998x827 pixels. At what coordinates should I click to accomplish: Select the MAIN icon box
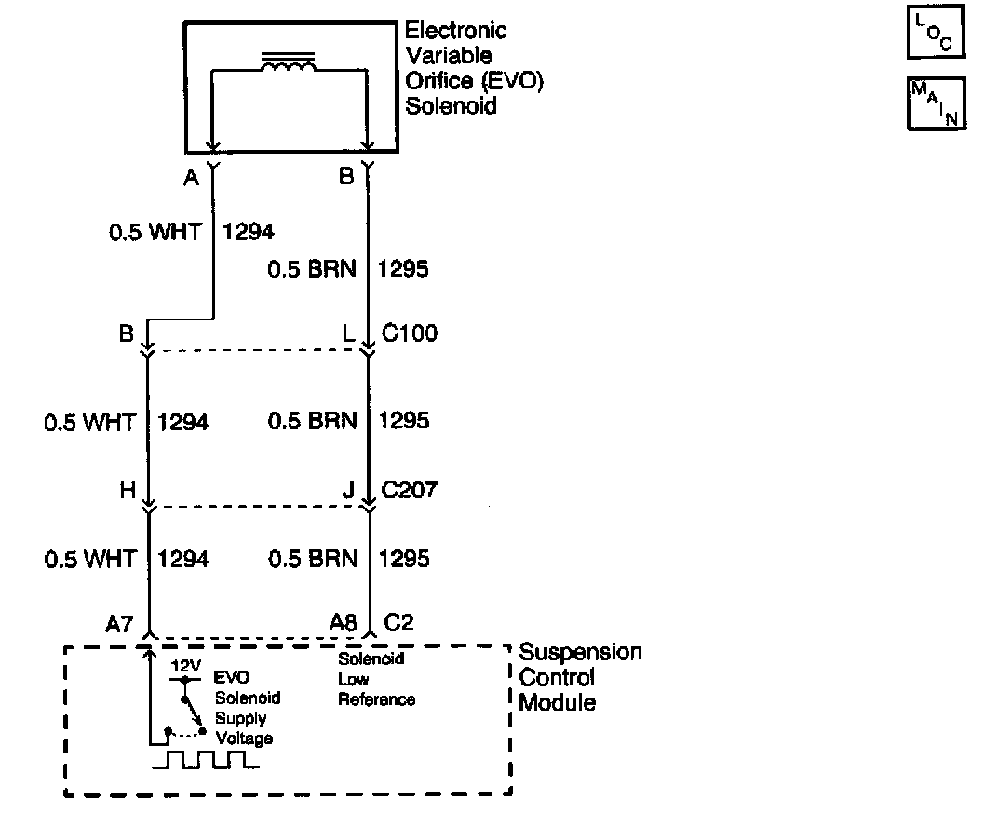click(x=936, y=103)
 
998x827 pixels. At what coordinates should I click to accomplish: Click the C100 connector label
click(x=410, y=333)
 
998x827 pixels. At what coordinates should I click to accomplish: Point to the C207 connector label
click(x=410, y=489)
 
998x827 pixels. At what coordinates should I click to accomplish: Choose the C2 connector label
click(x=398, y=623)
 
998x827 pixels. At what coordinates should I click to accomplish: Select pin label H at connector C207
click(x=128, y=490)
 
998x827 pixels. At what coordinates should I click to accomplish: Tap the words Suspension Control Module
click(x=579, y=677)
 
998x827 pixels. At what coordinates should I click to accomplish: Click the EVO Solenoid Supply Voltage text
click(x=247, y=708)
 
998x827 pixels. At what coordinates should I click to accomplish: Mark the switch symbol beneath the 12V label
click(x=193, y=713)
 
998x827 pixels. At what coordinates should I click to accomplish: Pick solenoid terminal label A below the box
click(x=192, y=177)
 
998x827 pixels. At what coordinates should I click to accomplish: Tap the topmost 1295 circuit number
click(x=402, y=269)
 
